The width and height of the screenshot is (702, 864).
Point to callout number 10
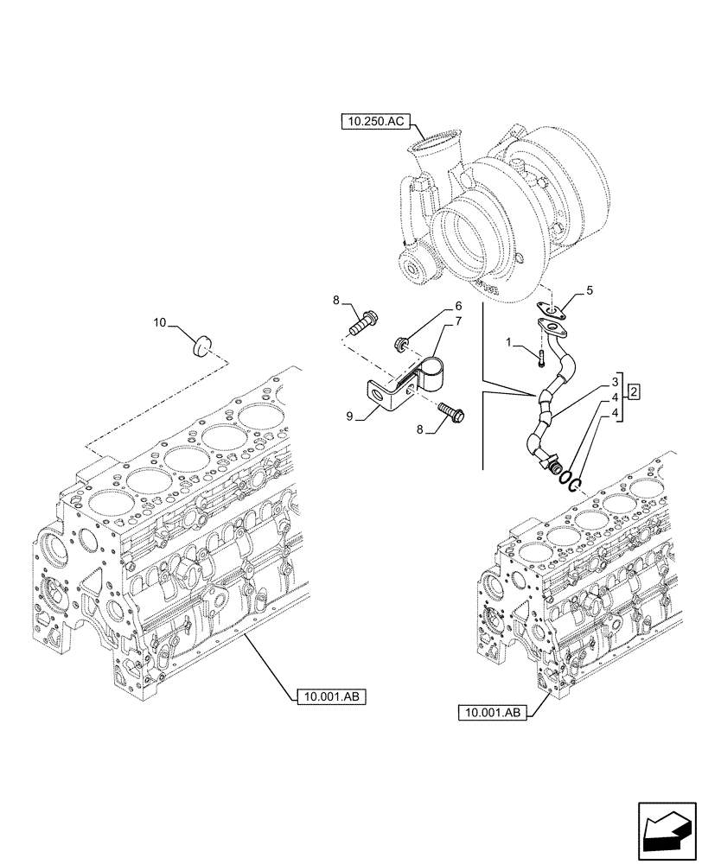click(160, 322)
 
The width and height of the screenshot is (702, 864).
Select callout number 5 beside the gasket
click(590, 291)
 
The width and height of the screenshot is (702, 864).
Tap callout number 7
click(458, 321)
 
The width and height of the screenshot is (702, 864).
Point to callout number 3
click(615, 381)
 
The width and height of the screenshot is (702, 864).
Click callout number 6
click(458, 306)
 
